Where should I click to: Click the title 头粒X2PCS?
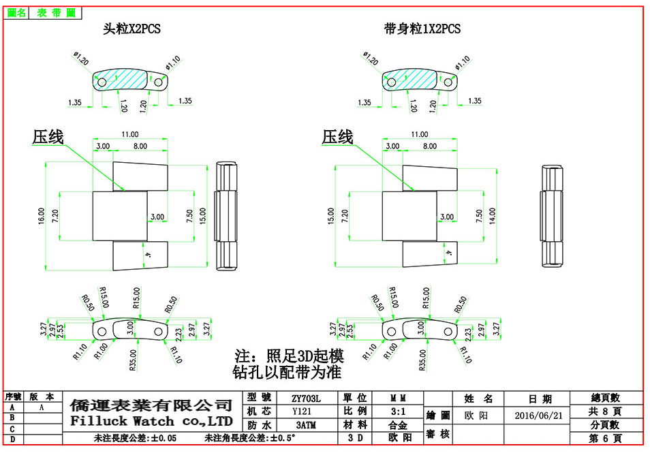(131, 29)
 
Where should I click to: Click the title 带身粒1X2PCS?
(422, 29)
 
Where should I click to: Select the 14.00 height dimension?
(491, 216)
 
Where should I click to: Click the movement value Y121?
(306, 411)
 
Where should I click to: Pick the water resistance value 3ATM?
(306, 425)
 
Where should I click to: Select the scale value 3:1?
(397, 411)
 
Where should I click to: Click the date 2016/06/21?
(538, 416)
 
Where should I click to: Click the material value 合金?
(397, 425)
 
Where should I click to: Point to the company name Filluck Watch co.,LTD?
(151, 421)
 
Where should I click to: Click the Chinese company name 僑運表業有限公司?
(151, 405)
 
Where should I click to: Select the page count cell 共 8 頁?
(606, 411)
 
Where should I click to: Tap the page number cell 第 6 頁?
(606, 438)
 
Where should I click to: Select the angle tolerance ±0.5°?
(284, 438)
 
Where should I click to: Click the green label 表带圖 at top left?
(56, 12)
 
